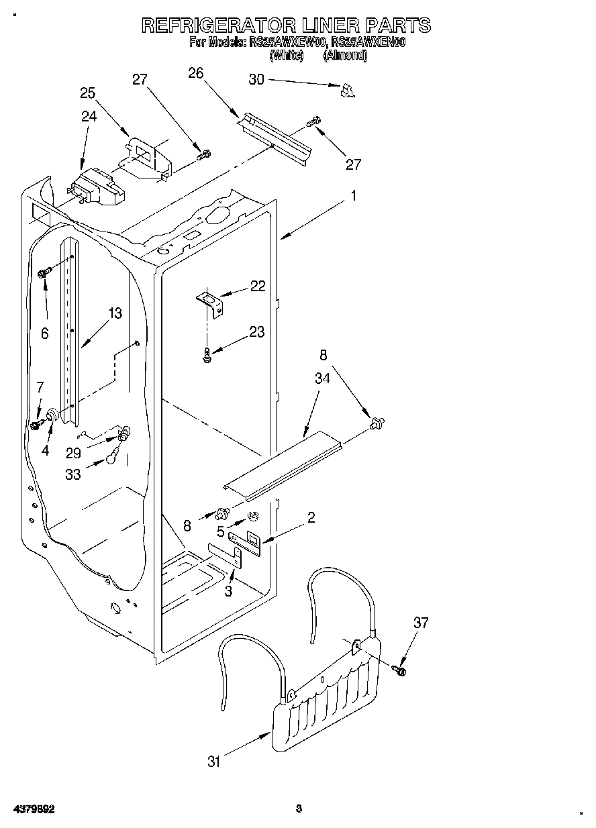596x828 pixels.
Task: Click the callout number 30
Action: [x=256, y=79]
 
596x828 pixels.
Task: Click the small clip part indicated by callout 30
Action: [x=347, y=91]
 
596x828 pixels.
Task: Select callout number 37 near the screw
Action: [x=420, y=623]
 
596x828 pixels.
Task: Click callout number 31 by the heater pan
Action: [x=214, y=761]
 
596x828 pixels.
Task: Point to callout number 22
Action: [x=257, y=286]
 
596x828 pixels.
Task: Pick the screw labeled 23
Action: [x=207, y=356]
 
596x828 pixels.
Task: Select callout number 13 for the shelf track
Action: [x=115, y=313]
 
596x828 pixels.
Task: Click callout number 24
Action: [x=89, y=116]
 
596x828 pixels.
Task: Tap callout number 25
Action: [x=88, y=93]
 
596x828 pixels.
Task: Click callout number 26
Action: [x=195, y=73]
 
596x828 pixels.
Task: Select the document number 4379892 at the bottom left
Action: [x=34, y=809]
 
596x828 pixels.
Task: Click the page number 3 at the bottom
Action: [x=299, y=808]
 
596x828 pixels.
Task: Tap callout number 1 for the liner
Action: [x=354, y=196]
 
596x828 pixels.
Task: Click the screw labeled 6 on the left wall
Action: [x=45, y=272]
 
